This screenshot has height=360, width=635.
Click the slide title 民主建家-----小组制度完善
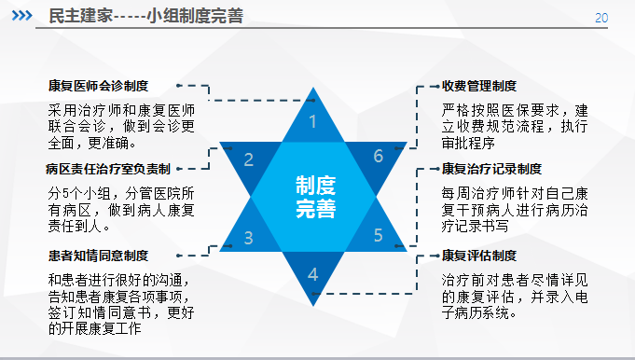145,16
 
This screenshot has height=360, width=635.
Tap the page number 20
601,18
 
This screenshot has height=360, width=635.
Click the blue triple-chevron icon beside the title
21,16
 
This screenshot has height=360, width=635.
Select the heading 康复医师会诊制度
99,86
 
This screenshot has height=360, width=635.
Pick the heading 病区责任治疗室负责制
108,169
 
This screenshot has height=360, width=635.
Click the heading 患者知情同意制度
99,256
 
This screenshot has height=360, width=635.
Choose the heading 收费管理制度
479,86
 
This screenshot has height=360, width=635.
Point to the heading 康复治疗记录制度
491,169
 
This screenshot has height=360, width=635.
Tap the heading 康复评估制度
479,256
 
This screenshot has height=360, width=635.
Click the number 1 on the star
312,121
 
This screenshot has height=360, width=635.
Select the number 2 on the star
249,160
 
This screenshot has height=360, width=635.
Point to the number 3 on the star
249,238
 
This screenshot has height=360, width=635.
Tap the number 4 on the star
312,274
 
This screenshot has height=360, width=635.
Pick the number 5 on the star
378,235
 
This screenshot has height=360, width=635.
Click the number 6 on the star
379,156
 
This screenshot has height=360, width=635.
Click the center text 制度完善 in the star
315,197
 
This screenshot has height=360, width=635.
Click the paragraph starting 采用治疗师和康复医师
121,126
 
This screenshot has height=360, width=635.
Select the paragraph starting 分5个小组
121,210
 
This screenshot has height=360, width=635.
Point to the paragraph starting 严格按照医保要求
515,126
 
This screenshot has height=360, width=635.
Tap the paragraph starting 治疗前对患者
515,297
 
